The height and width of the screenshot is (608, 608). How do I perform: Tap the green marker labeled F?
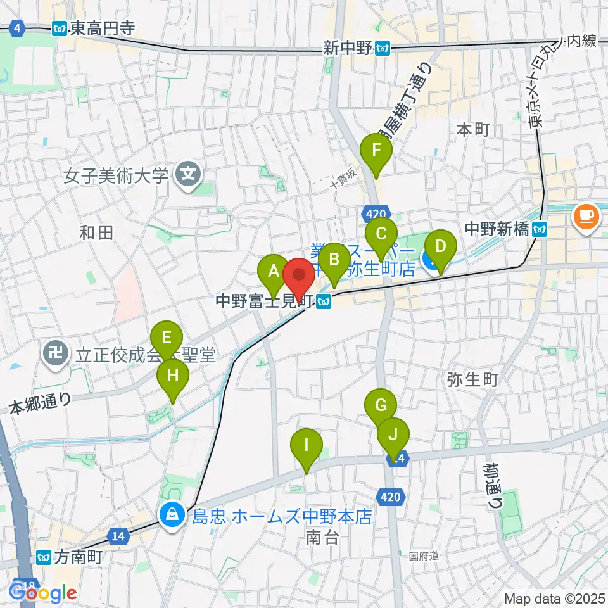(x=376, y=151)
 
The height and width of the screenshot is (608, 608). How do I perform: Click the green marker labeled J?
(x=393, y=435)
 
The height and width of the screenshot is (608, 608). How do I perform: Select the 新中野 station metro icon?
(x=383, y=48)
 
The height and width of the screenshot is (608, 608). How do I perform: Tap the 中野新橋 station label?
(x=497, y=228)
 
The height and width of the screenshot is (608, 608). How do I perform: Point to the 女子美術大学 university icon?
(x=188, y=171)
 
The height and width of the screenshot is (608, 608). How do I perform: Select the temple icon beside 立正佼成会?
(x=53, y=355)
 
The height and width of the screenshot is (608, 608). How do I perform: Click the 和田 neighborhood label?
(x=96, y=232)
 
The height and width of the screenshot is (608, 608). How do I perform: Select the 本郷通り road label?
(x=41, y=403)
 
